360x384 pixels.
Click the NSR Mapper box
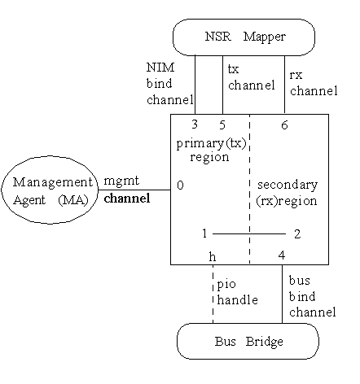[x=244, y=37]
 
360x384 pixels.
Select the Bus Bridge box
[x=248, y=341]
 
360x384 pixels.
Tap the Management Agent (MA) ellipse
[x=50, y=190]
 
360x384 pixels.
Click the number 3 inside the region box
[x=195, y=124]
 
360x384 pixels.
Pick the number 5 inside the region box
[x=222, y=124]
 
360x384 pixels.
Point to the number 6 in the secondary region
[x=284, y=125]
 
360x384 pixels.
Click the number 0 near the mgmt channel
[x=180, y=185]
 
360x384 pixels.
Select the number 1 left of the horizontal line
[x=204, y=233]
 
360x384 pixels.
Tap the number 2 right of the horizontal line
[x=297, y=234]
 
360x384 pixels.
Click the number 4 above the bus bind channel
[x=282, y=255]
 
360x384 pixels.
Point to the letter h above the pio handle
[x=213, y=256]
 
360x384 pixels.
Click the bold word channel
[x=127, y=199]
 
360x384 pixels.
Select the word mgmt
[x=121, y=181]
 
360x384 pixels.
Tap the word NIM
[x=160, y=68]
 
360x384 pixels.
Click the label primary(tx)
[x=211, y=144]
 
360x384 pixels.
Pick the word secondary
[x=288, y=185]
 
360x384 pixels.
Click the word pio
[x=226, y=285]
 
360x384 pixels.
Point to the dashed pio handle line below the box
[x=213, y=294]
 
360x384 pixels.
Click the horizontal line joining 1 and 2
[x=249, y=233]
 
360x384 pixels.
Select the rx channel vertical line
[x=284, y=85]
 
